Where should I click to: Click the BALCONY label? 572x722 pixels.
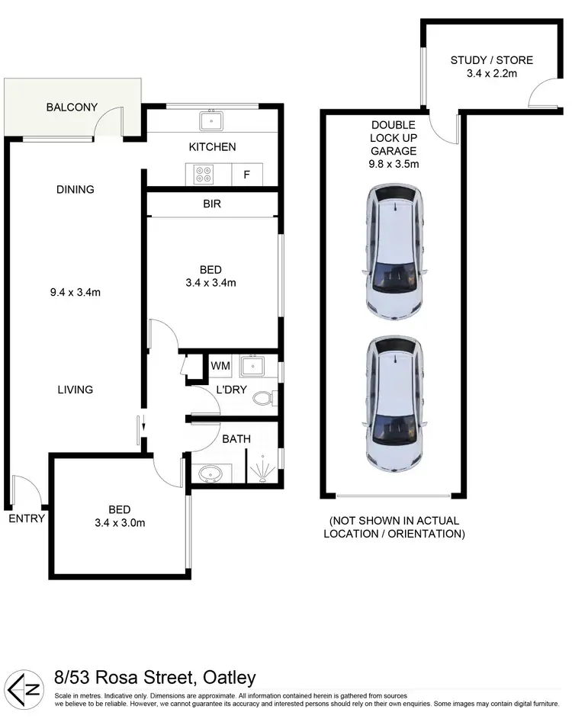(72, 107)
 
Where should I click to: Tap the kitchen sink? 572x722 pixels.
(210, 120)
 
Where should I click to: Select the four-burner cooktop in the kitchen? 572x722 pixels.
(204, 175)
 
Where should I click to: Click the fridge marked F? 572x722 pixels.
(246, 175)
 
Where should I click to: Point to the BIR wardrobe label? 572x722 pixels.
(212, 205)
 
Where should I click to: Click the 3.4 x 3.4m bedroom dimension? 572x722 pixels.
(210, 283)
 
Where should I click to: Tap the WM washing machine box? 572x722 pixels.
(220, 367)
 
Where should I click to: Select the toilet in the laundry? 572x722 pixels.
(263, 398)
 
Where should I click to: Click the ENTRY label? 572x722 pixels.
(27, 518)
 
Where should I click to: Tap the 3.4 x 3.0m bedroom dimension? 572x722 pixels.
(119, 523)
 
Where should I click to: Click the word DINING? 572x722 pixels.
(75, 189)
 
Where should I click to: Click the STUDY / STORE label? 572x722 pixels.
(491, 60)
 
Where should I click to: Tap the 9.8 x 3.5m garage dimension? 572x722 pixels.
(393, 163)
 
